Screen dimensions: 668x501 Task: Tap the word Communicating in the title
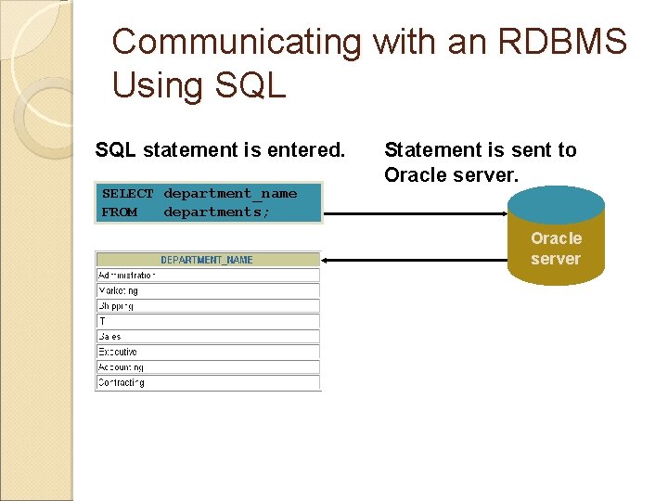tap(236, 42)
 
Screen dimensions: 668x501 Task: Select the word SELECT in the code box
tap(127, 194)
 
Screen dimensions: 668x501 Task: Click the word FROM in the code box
tap(119, 212)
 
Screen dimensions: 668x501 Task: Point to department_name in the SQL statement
tap(230, 194)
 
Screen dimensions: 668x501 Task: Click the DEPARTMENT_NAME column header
tap(207, 260)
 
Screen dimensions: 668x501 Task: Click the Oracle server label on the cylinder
tap(556, 249)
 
